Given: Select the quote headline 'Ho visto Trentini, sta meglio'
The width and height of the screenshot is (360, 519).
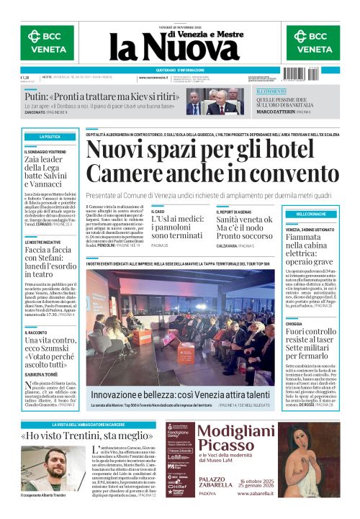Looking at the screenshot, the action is tap(87, 435).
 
